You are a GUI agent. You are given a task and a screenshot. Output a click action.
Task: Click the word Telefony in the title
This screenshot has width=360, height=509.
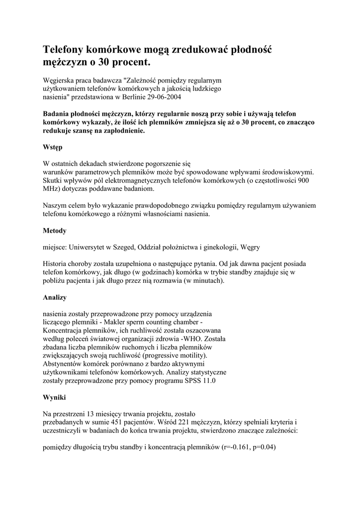[x=63, y=50]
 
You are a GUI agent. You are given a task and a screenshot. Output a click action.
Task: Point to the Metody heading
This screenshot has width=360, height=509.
[x=55, y=231]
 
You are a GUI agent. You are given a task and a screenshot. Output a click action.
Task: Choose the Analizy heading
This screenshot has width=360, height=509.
[x=55, y=297]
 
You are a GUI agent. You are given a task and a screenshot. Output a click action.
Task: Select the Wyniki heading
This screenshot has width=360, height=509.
[x=54, y=398]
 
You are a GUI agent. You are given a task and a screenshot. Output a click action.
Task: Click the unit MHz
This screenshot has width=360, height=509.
[x=51, y=189]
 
